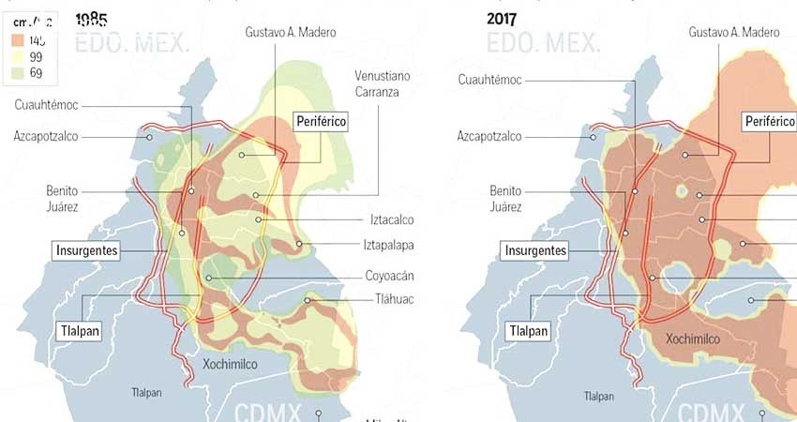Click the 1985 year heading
pyautogui.click(x=90, y=19)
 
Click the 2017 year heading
pyautogui.click(x=502, y=18)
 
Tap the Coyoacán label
pyautogui.click(x=390, y=277)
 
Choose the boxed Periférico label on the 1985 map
pyautogui.click(x=321, y=121)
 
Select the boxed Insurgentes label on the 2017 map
pyautogui.click(x=535, y=250)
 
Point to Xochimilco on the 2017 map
pyautogui.click(x=693, y=339)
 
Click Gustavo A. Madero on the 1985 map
pyautogui.click(x=291, y=32)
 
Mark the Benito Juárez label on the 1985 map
pyautogui.click(x=62, y=197)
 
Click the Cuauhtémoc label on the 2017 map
pyautogui.click(x=489, y=80)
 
